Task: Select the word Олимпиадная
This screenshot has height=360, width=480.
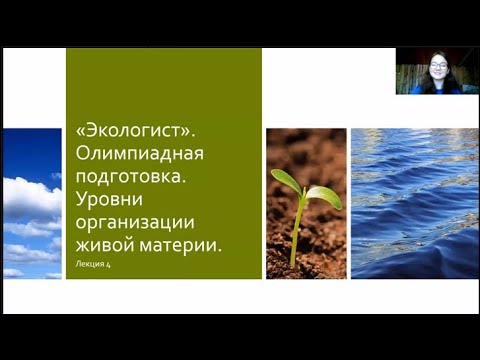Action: [x=140, y=154]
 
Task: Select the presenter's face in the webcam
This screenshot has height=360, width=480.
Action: [x=438, y=68]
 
